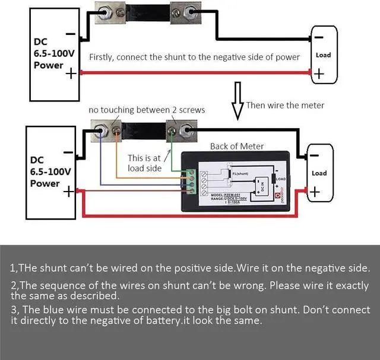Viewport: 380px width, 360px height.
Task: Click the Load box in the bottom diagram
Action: tap(319, 173)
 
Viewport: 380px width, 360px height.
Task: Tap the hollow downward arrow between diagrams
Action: tap(238, 101)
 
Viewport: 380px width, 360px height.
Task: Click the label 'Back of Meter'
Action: tap(237, 146)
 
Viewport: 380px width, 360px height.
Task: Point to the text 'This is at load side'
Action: tap(145, 163)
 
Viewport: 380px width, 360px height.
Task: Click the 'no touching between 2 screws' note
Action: tap(147, 110)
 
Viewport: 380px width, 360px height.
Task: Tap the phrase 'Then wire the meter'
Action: tap(285, 105)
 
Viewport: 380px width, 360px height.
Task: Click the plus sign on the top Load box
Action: tap(319, 74)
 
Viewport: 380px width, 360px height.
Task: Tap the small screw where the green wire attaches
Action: tap(172, 128)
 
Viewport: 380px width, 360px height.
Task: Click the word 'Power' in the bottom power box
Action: tap(45, 183)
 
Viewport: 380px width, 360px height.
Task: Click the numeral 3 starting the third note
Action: tap(14, 310)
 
